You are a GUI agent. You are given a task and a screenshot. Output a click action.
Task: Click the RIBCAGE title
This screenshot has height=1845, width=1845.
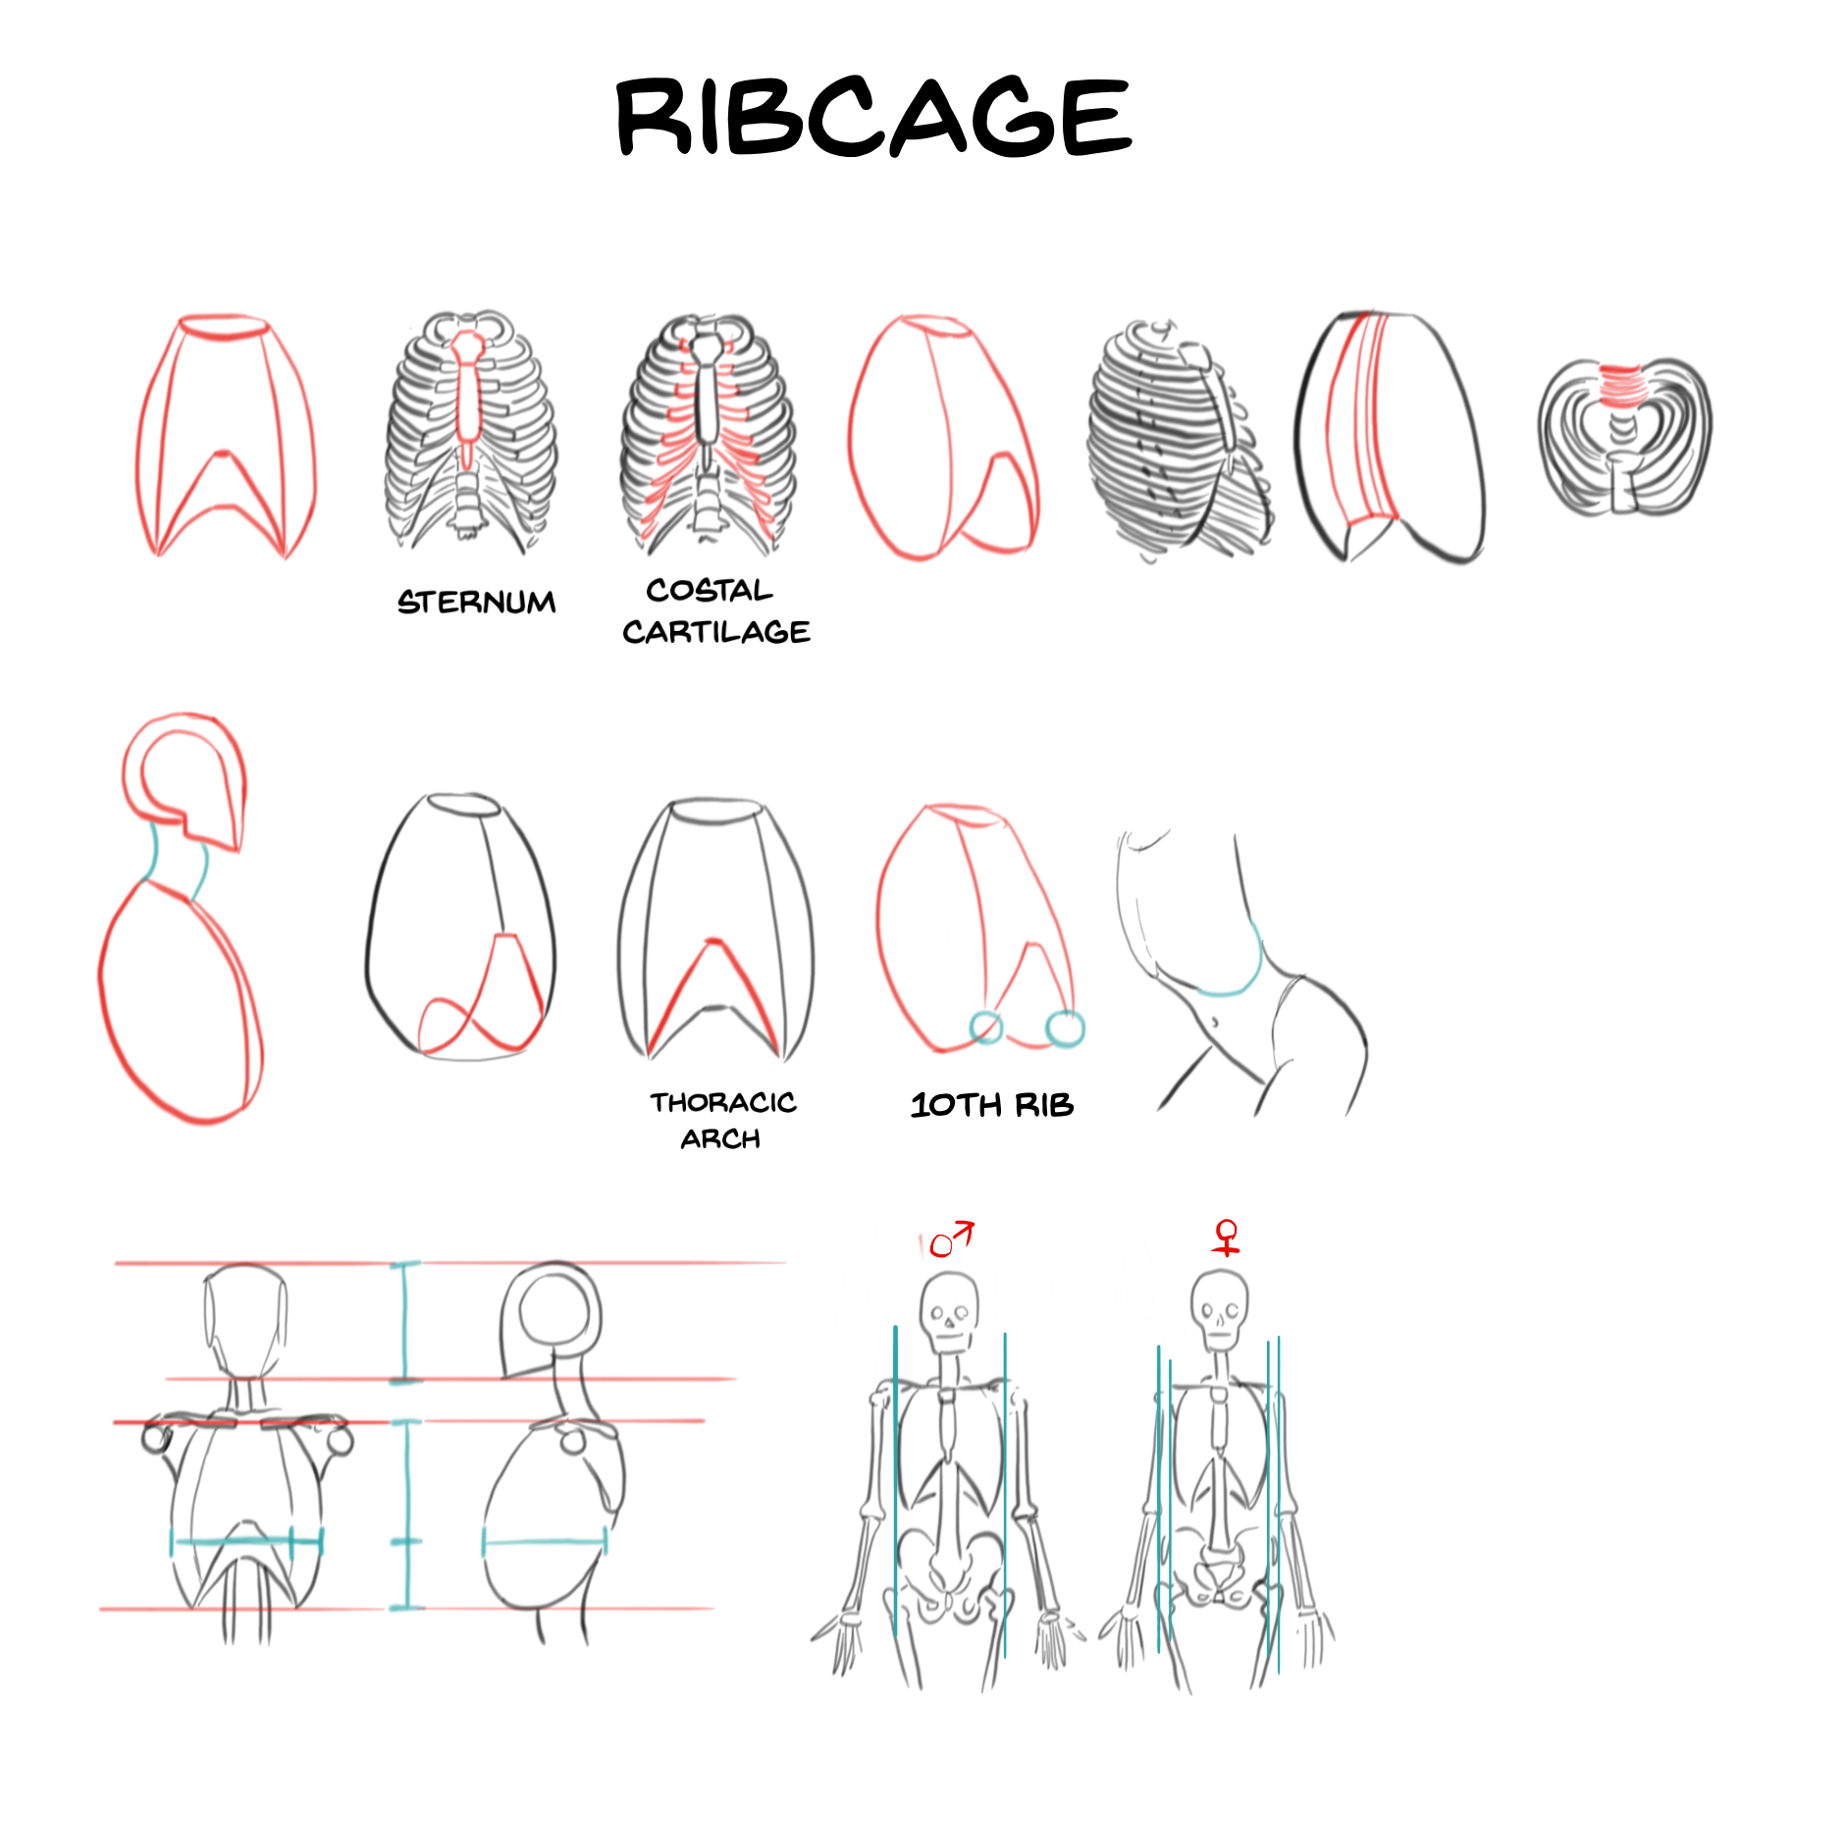click(873, 118)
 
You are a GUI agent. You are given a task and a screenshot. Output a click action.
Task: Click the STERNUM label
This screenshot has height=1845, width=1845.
click(476, 602)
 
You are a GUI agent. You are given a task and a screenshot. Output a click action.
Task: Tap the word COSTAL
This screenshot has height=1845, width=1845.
click(709, 590)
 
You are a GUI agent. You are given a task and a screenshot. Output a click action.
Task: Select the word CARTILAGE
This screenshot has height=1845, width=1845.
click(716, 632)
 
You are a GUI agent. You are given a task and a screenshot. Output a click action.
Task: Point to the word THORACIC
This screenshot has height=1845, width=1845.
click(723, 1102)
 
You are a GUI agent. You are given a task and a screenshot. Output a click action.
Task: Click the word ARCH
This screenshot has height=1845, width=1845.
click(720, 1139)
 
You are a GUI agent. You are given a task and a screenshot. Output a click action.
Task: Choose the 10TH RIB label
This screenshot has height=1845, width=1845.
click(992, 1105)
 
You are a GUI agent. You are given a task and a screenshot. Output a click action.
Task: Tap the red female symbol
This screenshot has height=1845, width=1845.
click(1226, 1237)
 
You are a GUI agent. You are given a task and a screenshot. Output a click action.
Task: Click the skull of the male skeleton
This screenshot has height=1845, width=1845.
click(949, 1310)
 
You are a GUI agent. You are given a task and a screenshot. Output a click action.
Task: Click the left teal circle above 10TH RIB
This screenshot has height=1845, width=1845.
click(986, 1028)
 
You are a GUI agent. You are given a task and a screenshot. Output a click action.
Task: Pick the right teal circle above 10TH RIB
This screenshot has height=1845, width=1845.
click(1065, 1028)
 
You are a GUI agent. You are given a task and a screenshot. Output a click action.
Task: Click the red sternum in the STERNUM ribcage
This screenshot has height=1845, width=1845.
click(468, 393)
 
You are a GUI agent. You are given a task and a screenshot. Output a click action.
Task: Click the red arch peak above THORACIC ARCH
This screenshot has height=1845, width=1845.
click(713, 945)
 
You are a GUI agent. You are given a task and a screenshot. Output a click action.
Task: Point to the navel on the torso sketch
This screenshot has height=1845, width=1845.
click(1215, 1023)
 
